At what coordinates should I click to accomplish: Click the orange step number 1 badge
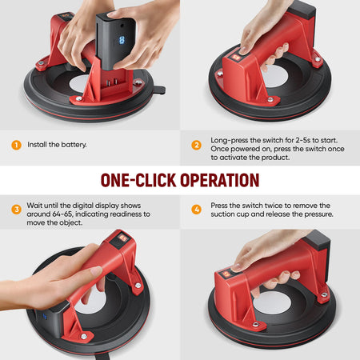16,145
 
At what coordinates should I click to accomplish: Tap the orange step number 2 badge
197,145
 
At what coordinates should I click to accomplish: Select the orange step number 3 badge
16,210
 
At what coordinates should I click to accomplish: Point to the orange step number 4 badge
197,210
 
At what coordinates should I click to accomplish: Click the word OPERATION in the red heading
220,180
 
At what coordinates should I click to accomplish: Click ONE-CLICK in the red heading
138,180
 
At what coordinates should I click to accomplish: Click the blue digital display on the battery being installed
122,40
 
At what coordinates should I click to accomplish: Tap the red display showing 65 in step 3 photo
122,238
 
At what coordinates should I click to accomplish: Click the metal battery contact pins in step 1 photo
112,82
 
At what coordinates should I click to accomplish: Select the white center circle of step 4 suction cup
273,302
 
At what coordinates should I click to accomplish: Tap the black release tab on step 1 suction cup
159,90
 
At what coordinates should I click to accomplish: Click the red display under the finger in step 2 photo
235,58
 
